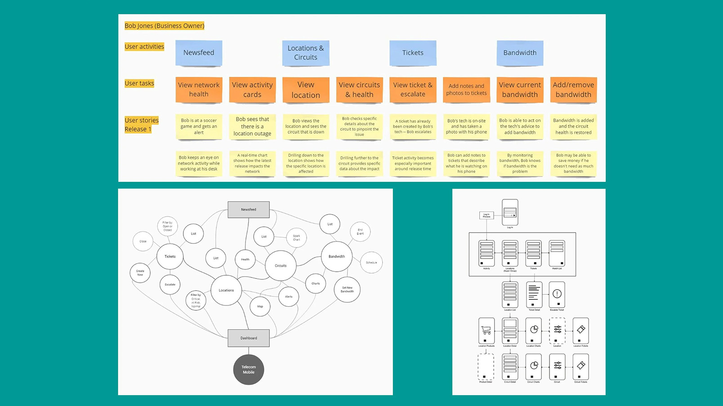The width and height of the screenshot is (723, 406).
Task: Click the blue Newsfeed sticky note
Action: click(199, 53)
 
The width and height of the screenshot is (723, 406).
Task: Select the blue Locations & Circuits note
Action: click(306, 53)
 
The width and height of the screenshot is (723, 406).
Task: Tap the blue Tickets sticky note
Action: click(413, 53)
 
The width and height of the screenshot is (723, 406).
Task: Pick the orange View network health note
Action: click(199, 90)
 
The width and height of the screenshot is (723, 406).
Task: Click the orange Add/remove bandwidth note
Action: click(573, 90)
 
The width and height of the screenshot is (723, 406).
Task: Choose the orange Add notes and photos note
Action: click(466, 90)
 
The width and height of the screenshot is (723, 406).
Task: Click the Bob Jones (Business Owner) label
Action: click(164, 26)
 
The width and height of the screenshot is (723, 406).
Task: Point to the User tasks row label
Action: click(139, 84)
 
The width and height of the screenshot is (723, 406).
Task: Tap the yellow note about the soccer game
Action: click(199, 127)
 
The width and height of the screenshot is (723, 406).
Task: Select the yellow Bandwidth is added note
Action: click(573, 127)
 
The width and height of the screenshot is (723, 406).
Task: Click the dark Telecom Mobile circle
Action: click(249, 370)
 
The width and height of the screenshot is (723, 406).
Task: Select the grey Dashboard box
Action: click(249, 338)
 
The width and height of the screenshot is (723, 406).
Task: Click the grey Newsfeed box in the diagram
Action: click(249, 210)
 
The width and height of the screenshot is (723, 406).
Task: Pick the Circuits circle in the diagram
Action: click(281, 266)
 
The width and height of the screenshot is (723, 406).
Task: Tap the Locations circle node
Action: click(226, 291)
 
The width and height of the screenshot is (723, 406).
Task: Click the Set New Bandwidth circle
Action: click(347, 290)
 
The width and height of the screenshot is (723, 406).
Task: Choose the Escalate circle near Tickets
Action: click(170, 285)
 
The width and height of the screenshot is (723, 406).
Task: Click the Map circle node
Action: click(260, 307)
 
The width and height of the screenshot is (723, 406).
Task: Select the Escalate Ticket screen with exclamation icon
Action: click(557, 295)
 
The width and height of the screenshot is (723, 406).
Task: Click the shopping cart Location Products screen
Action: click(486, 331)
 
